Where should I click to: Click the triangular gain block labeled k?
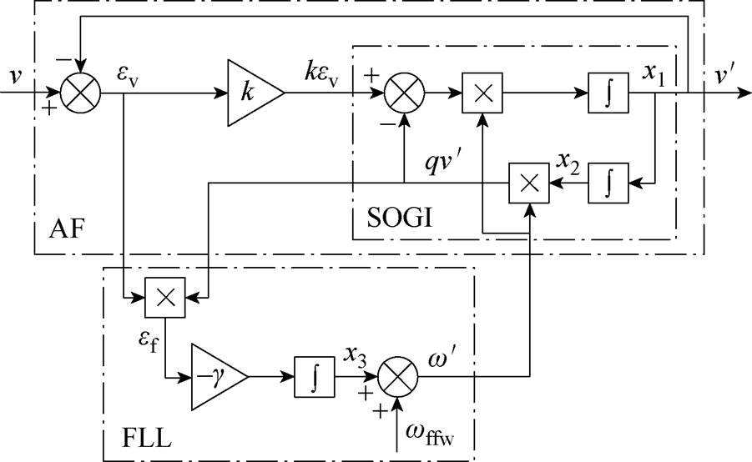[x=255, y=93]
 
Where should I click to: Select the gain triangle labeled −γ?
[x=218, y=377]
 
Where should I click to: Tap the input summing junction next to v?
[x=81, y=93]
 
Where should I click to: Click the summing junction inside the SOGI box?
[x=404, y=93]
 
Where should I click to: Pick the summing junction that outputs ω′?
[x=397, y=377]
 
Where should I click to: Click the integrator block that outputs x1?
[x=608, y=93]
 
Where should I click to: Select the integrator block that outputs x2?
[x=608, y=183]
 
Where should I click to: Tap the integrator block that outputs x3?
[x=314, y=377]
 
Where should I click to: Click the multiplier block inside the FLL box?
[x=165, y=297]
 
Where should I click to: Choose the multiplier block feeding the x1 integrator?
[x=482, y=93]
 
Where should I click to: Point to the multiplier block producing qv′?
[x=529, y=183]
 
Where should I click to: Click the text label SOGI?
[x=400, y=218]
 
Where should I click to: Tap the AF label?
[x=67, y=229]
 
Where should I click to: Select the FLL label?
[x=147, y=437]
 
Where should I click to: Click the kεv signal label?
[x=321, y=76]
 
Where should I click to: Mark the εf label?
[x=148, y=341]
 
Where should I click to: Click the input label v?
[x=16, y=76]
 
